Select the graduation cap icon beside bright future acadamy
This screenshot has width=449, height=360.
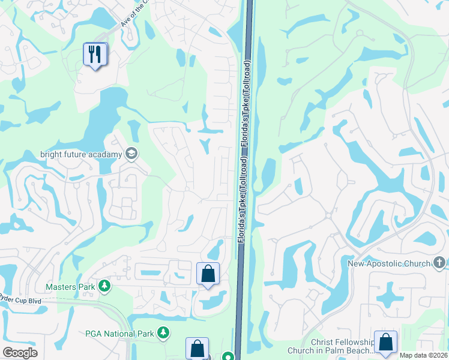(x=131, y=154)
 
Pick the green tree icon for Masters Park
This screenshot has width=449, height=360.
(x=105, y=286)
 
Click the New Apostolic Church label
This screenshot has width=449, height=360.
(x=389, y=263)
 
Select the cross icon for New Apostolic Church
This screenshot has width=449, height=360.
(x=439, y=263)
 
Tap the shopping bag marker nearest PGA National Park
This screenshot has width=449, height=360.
(x=197, y=348)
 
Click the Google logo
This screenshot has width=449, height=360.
(x=20, y=353)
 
